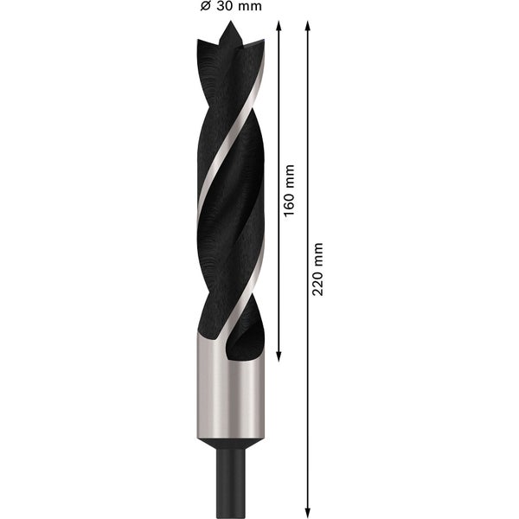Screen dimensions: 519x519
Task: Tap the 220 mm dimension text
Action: coord(317,268)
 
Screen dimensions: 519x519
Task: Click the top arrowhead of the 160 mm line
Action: coord(279,25)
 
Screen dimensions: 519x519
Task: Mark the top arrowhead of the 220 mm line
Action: coord(307,25)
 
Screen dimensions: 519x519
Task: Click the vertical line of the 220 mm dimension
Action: coord(307,389)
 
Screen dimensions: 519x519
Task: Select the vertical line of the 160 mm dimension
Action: coord(279,277)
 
